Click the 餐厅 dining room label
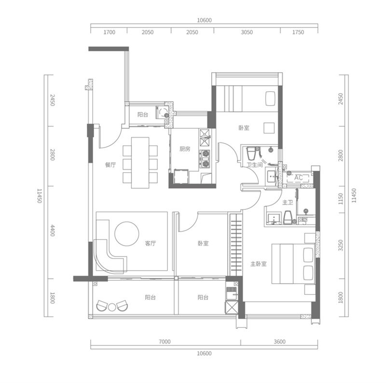[x=110, y=165]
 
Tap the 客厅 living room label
[x=150, y=244]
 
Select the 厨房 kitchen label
[x=185, y=149]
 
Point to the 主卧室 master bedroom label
[x=259, y=264]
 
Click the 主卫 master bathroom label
[x=288, y=203]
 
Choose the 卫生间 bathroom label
[x=255, y=164]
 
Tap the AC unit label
[x=298, y=178]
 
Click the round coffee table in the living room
[x=127, y=234]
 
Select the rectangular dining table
[x=140, y=163]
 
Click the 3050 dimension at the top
[x=247, y=32]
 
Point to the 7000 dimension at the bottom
[x=165, y=342]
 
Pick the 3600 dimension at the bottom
[x=280, y=342]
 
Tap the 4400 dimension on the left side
[x=52, y=231]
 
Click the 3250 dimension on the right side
[x=341, y=246]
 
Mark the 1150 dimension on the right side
[x=341, y=199]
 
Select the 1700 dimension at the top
[x=110, y=32]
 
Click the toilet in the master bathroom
[x=288, y=218]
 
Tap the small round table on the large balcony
[x=112, y=307]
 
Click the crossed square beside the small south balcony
[x=232, y=307]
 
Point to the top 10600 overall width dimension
[x=204, y=20]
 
